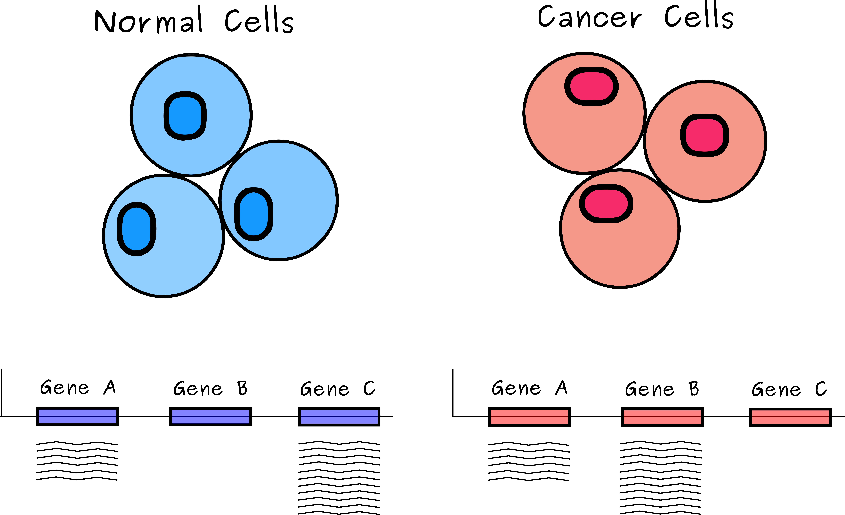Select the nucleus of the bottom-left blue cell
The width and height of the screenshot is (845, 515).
point(137,229)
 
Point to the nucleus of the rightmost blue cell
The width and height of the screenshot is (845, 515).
point(253,214)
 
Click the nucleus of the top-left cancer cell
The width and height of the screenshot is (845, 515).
point(591,86)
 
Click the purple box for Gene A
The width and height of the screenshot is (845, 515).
point(77,416)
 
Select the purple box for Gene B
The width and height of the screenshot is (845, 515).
point(211,417)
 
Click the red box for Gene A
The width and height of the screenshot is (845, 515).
point(529,417)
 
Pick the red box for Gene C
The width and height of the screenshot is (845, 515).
point(791,417)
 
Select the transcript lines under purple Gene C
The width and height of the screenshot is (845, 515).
point(339,478)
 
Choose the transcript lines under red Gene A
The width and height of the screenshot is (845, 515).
point(529,461)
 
